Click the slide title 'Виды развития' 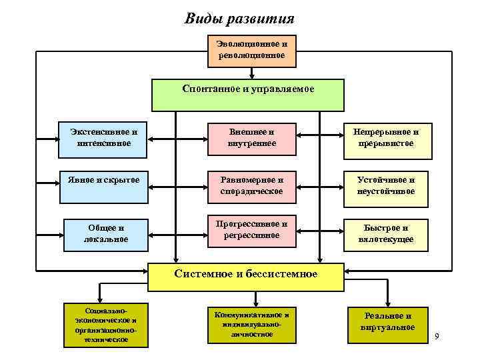tap(239, 18)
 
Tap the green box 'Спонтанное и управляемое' tap(248, 95)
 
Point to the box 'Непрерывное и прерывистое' tap(385, 139)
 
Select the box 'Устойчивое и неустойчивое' tap(385, 186)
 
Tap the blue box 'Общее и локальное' tap(105, 233)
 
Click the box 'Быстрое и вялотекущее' tap(385, 233)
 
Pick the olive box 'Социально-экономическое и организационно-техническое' tap(105, 325)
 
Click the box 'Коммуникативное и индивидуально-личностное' tap(251, 324)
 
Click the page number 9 tap(437, 336)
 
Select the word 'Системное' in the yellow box tap(200, 274)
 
